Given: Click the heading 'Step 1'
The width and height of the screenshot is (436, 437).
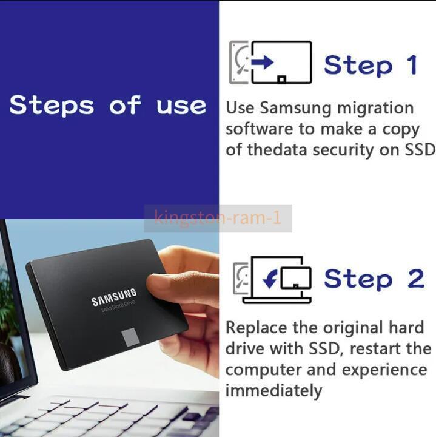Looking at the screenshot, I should coord(371,64).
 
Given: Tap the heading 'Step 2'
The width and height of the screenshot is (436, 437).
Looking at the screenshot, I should coord(374,279).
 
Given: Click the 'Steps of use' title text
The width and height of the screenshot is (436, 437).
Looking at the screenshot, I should coord(108,105).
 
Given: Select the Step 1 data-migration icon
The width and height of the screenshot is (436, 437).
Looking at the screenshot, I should coord(270,63).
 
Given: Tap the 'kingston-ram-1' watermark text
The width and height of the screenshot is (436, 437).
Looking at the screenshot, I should coord(218,217).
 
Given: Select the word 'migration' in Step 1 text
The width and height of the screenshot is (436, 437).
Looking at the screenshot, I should coord(375,109).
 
